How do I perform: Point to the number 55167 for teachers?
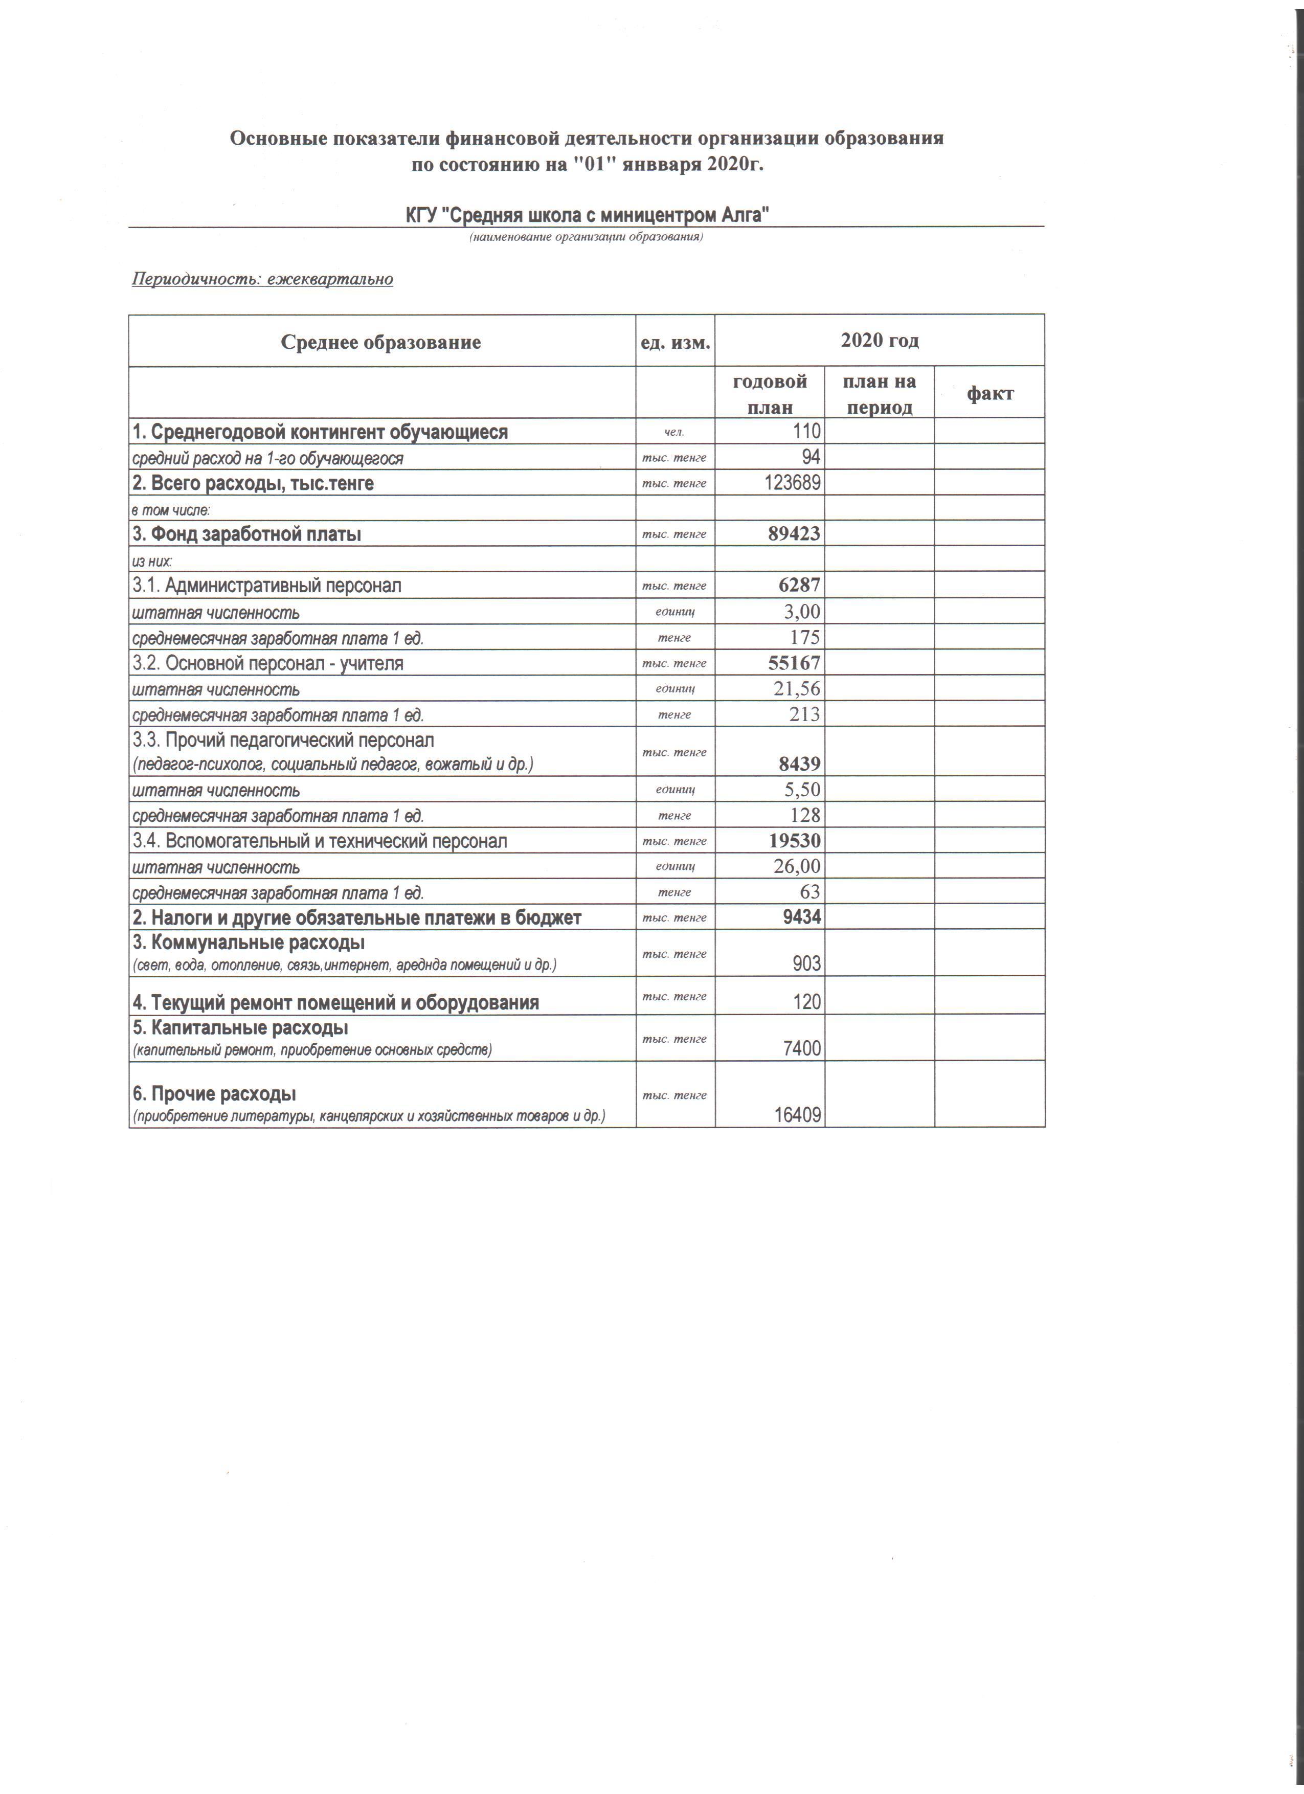794,663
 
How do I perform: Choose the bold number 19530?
795,840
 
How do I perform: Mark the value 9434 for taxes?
799,917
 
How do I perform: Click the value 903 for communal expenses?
804,963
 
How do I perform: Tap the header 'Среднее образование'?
381,343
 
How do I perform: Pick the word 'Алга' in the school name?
744,215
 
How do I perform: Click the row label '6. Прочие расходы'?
214,1094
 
